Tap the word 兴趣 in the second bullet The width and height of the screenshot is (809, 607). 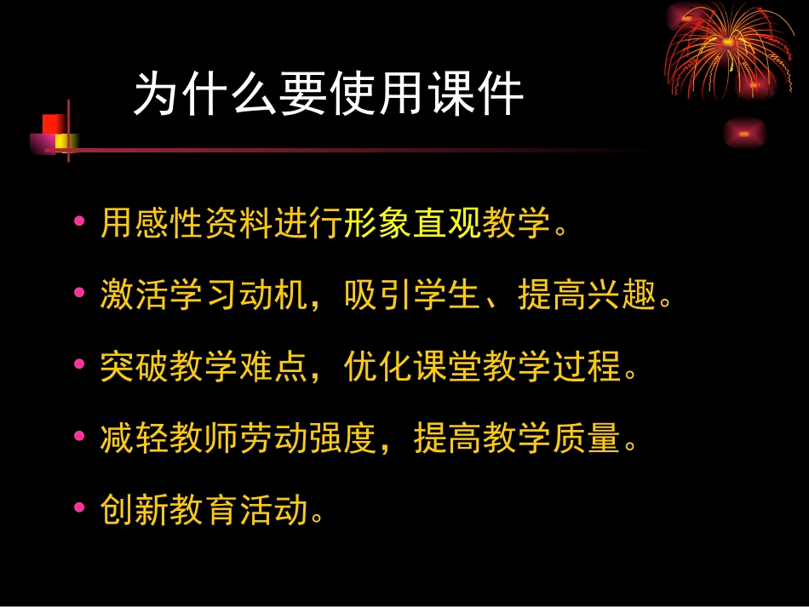pos(623,296)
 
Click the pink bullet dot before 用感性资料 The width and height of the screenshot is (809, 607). pos(80,222)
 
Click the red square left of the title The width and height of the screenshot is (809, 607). pos(53,124)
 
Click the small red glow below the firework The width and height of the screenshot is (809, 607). pos(744,134)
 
